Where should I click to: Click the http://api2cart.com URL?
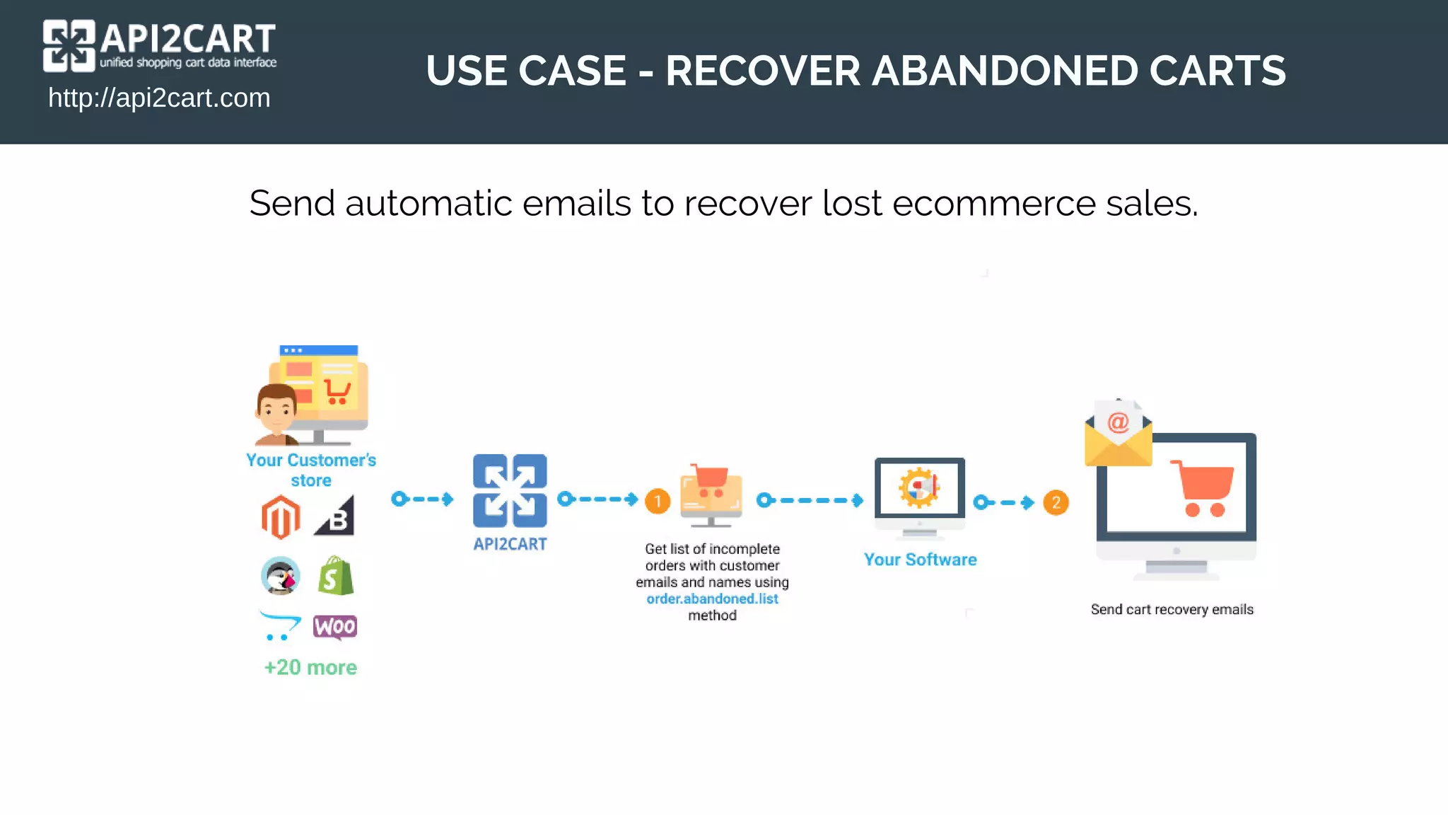point(159,98)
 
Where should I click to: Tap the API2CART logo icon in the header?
point(69,46)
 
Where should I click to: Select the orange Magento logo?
point(281,517)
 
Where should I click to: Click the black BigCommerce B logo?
point(335,516)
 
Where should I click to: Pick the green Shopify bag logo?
point(336,576)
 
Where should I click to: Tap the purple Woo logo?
point(335,627)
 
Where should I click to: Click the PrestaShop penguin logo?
point(281,576)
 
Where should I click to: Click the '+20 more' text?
point(310,667)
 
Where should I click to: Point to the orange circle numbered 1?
point(658,502)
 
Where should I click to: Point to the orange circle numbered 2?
point(1056,502)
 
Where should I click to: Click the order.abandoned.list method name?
point(712,599)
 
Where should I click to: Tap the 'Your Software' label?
point(920,560)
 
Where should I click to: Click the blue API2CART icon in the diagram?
point(510,490)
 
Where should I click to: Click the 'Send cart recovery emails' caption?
point(1172,609)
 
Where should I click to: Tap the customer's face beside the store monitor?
point(276,410)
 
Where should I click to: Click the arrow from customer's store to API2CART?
point(423,499)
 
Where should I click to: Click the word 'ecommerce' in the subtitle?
point(993,204)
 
